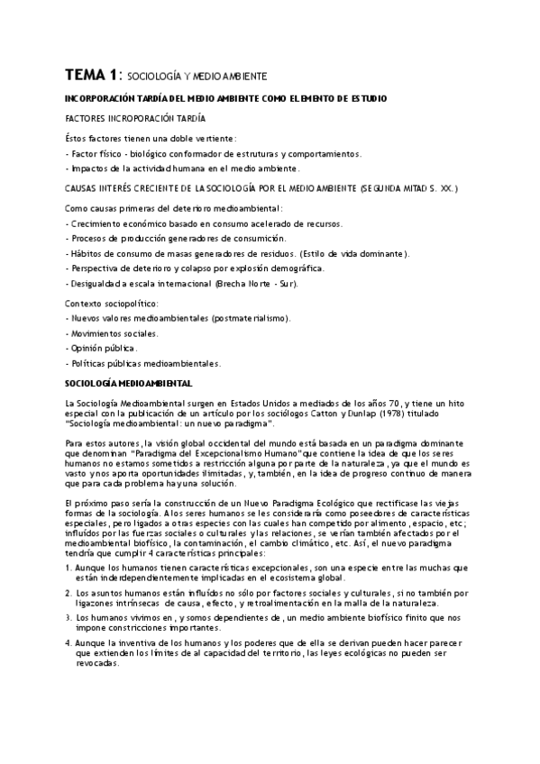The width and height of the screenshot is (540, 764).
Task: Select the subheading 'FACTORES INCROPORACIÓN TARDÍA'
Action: [x=136, y=118]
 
